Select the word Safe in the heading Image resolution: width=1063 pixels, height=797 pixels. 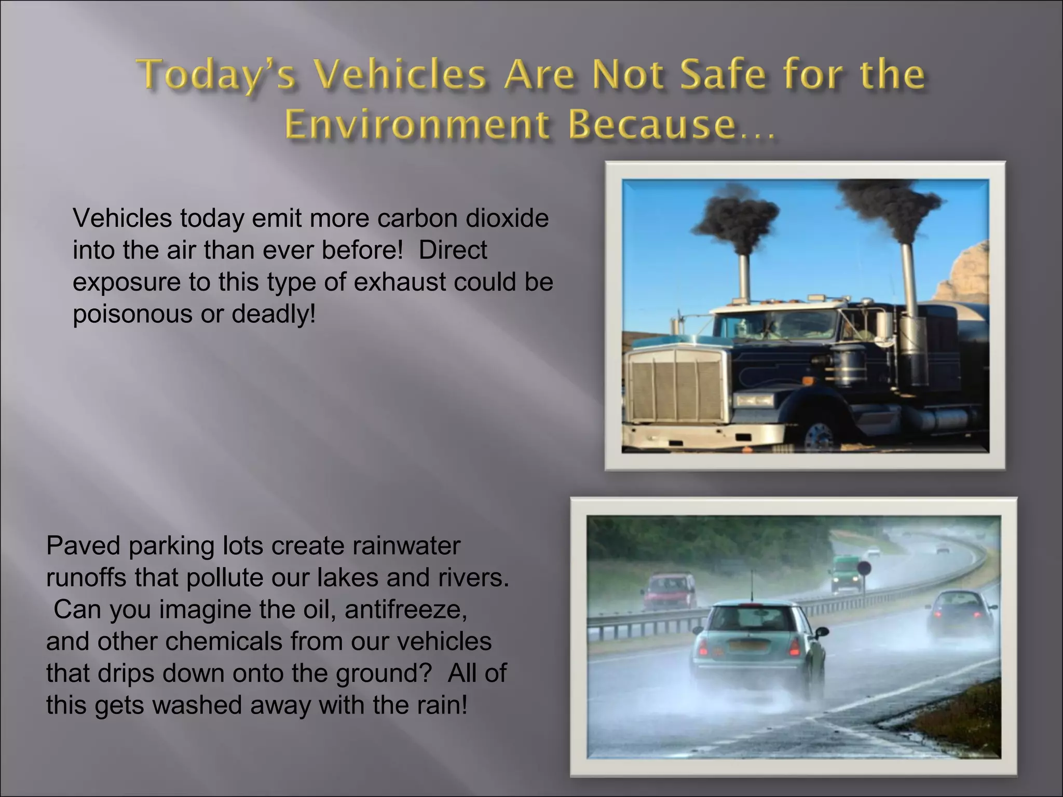723,75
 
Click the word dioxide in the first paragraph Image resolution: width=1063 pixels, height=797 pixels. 507,218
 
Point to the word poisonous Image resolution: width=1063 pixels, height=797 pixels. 132,314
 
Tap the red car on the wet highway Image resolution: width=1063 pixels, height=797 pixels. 669,591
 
